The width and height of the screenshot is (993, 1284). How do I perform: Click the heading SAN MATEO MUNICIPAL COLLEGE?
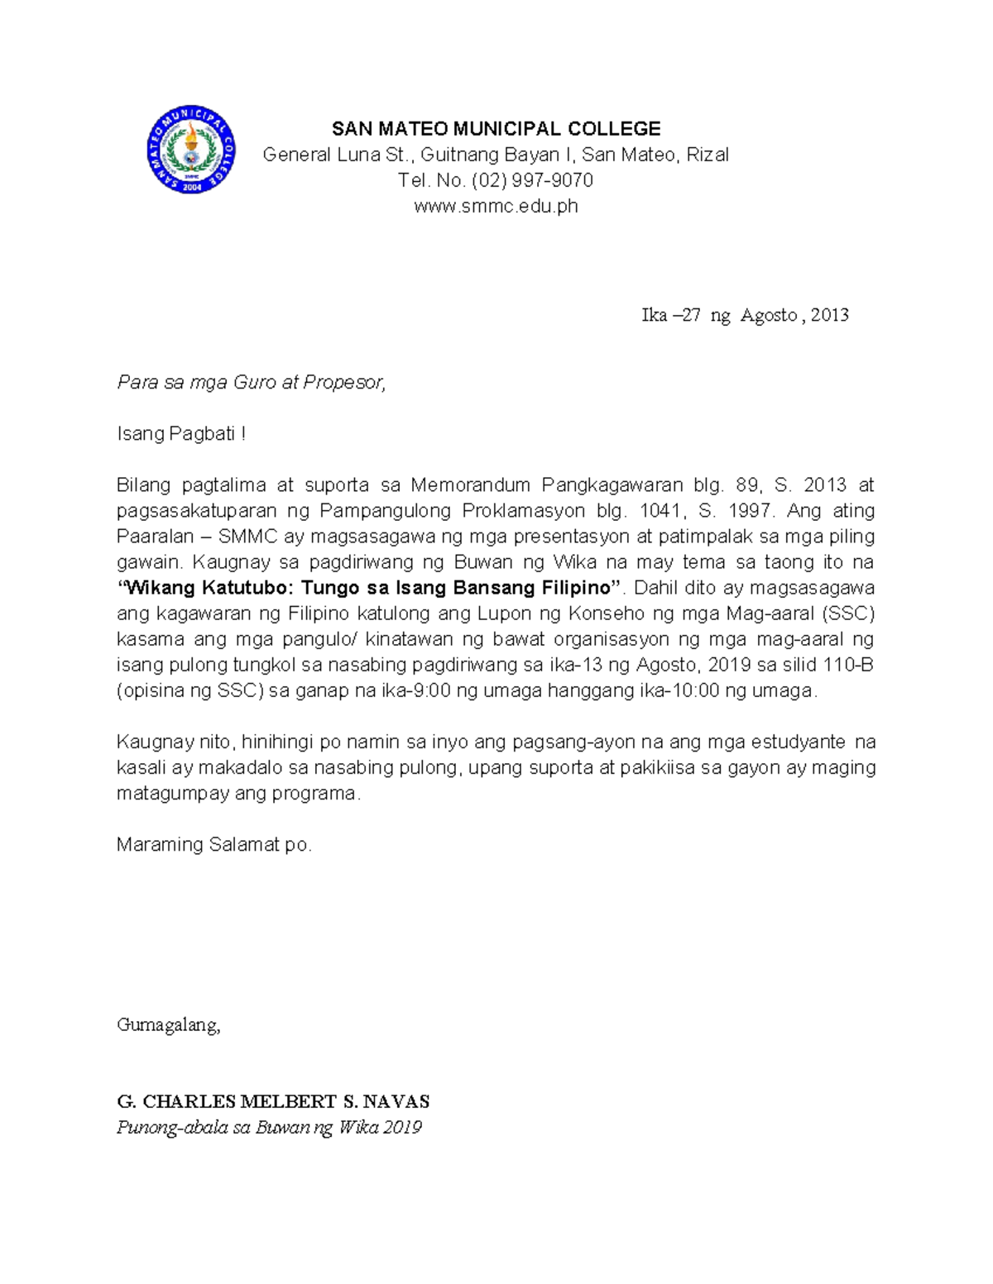pyautogui.click(x=496, y=129)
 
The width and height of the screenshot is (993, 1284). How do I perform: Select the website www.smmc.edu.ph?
pyautogui.click(x=496, y=206)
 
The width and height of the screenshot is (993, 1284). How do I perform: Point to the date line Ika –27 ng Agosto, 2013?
pyautogui.click(x=745, y=315)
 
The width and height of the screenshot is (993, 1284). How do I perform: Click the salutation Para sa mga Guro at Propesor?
pyautogui.click(x=252, y=382)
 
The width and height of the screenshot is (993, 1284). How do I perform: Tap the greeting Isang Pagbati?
pyautogui.click(x=181, y=433)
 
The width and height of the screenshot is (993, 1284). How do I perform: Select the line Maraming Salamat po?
pyautogui.click(x=214, y=845)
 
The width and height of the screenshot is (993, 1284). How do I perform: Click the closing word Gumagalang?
pyautogui.click(x=169, y=1025)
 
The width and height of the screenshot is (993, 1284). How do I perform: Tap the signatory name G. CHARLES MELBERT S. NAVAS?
pyautogui.click(x=273, y=1102)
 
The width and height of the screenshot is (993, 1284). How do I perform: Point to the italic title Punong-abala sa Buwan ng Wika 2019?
pyautogui.click(x=269, y=1128)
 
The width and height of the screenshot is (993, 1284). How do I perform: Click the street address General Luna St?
pyautogui.click(x=340, y=155)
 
